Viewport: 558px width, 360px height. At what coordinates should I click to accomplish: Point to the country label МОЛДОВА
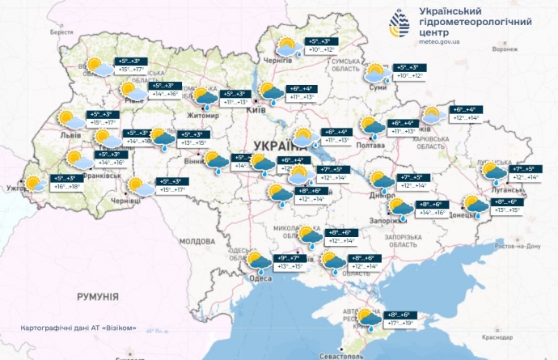(x=197, y=241)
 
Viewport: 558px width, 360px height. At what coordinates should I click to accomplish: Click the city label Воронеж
(x=504, y=49)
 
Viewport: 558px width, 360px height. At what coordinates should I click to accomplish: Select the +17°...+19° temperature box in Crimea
(x=401, y=323)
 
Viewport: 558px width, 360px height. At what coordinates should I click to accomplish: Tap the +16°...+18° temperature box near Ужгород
(x=66, y=187)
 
